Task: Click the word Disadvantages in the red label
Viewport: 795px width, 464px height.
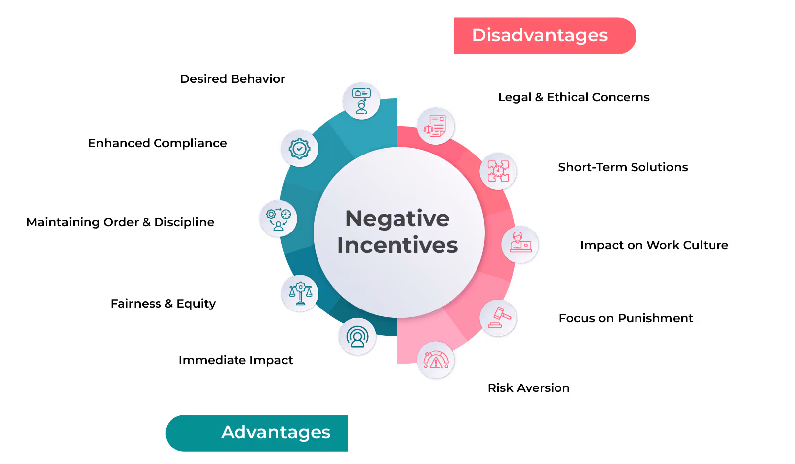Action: point(540,35)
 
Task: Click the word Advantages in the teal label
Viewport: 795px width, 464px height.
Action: point(276,432)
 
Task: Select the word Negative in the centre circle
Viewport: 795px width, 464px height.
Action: point(397,219)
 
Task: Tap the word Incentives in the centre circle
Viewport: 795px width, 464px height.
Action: point(397,245)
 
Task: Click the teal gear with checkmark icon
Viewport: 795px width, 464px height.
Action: point(299,149)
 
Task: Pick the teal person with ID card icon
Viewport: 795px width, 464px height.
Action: point(361,101)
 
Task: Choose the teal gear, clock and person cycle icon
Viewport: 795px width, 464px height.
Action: point(278,219)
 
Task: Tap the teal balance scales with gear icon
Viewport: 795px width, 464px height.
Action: point(300,294)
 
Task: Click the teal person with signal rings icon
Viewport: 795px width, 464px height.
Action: point(357,337)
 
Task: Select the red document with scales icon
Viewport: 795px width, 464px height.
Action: point(436,126)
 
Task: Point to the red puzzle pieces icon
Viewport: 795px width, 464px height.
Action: point(498,171)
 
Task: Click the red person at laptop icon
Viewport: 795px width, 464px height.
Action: point(520,244)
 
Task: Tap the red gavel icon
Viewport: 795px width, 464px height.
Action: point(498,318)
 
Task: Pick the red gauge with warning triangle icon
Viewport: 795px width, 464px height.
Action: point(436,360)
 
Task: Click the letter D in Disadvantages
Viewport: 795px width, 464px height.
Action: point(479,35)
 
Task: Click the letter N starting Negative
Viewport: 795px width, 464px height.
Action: point(355,219)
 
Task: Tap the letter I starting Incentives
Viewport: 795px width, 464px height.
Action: point(341,245)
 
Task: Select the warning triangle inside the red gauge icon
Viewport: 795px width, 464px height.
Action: point(436,363)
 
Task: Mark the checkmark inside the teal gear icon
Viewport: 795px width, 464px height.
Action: point(299,149)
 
